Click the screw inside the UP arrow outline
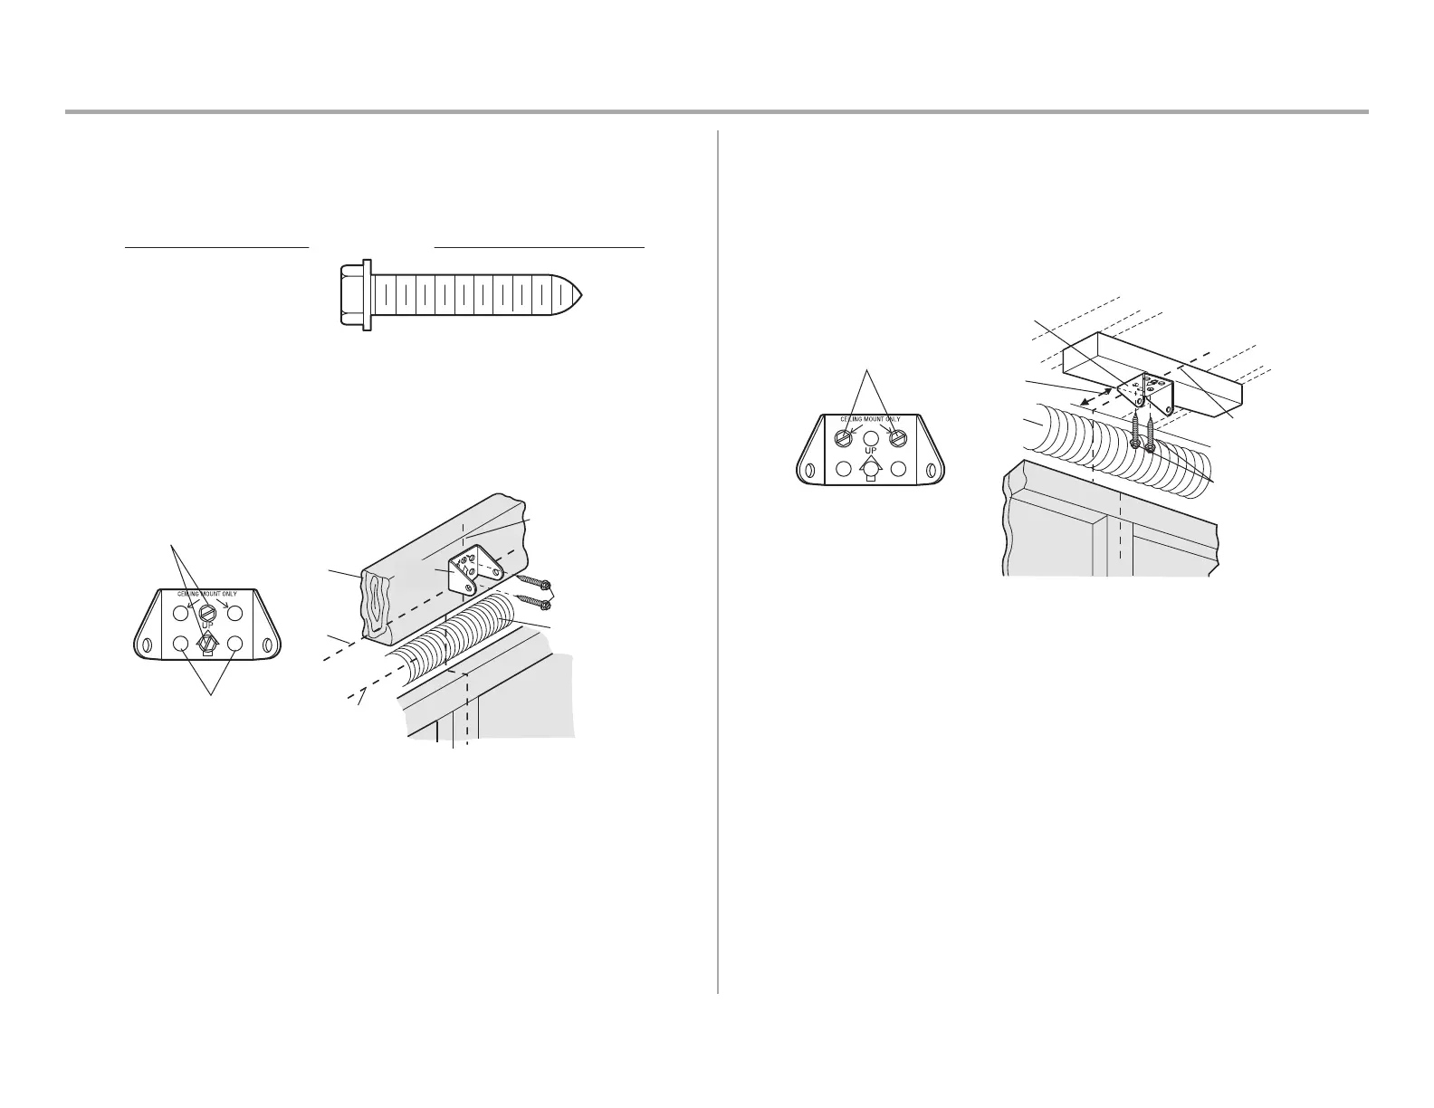[207, 642]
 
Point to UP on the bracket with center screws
[207, 626]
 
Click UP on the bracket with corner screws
[871, 451]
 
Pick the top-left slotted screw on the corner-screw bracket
[843, 438]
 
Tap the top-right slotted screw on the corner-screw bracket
[898, 438]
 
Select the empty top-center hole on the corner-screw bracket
[871, 436]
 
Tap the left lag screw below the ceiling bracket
[1134, 431]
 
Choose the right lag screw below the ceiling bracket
[1150, 435]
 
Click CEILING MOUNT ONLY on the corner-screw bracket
[871, 419]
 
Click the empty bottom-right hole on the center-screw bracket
[235, 644]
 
